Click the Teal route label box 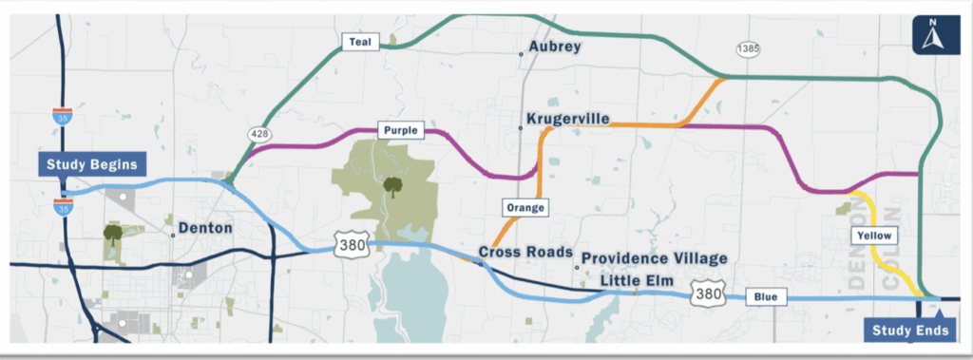click(361, 41)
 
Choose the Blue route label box click(766, 296)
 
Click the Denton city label click(205, 228)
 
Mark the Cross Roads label click(525, 253)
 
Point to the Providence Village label click(654, 258)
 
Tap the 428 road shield click(258, 134)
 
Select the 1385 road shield click(747, 48)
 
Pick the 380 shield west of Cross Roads click(349, 246)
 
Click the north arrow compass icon click(934, 36)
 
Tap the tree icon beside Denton click(113, 233)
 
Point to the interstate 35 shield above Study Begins click(61, 118)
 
